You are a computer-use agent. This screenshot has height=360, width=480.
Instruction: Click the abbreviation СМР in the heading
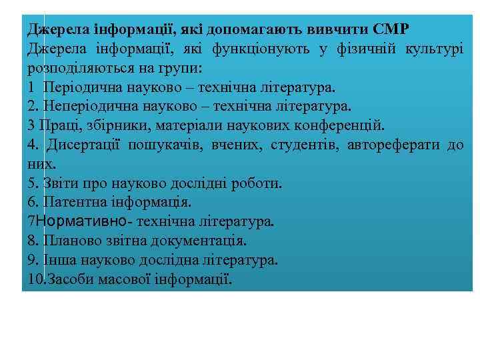[x=391, y=29]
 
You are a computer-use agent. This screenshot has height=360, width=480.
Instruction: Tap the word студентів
[x=302, y=145]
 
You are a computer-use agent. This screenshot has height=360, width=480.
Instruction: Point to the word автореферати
[x=395, y=145]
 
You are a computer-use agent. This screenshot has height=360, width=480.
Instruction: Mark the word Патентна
[x=71, y=201]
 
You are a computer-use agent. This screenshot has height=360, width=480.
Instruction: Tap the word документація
[x=203, y=240]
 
